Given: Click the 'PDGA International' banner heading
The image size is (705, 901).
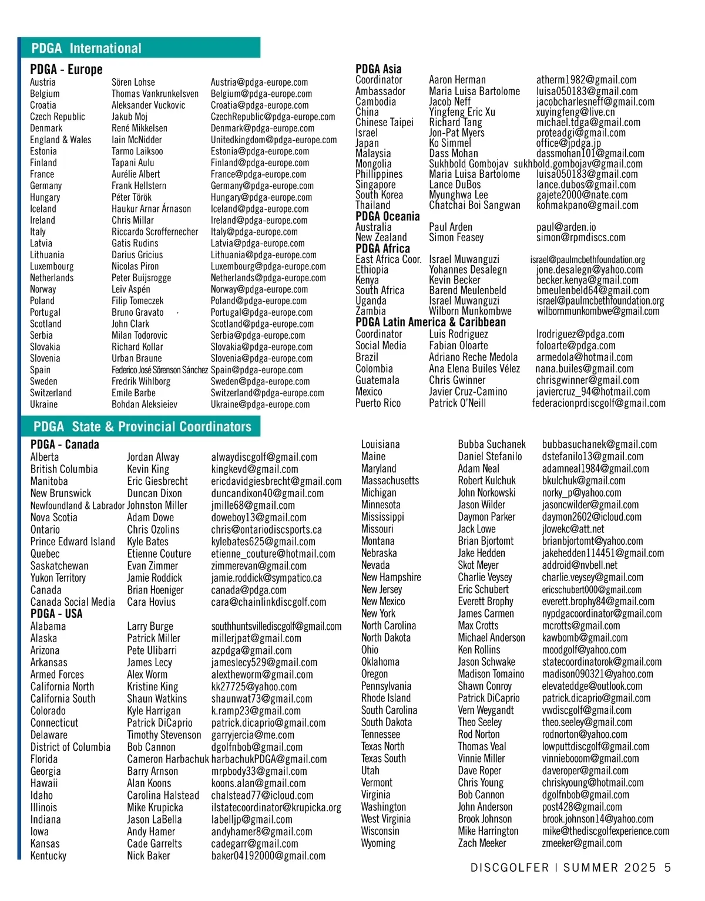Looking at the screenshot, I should [x=86, y=48].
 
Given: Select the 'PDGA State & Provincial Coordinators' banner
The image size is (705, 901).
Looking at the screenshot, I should [x=142, y=427].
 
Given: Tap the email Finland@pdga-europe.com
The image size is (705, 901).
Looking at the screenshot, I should [x=260, y=163].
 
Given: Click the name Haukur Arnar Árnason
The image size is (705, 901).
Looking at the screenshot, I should [x=151, y=208].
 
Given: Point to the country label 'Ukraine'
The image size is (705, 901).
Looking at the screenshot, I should [x=44, y=404].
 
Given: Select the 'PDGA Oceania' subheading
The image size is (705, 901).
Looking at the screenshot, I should [x=387, y=216].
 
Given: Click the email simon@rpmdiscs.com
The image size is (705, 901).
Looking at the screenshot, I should [x=580, y=238].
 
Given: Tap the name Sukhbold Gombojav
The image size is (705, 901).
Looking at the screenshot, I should [x=468, y=164].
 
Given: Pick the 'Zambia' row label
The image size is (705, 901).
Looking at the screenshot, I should [x=371, y=311].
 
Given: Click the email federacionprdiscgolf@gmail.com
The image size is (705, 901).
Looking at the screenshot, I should [x=599, y=403].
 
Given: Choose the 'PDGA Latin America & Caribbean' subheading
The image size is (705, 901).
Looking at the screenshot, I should [x=430, y=322].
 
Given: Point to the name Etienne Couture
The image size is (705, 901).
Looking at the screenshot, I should [x=159, y=554].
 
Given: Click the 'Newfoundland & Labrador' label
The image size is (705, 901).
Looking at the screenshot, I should [x=77, y=505].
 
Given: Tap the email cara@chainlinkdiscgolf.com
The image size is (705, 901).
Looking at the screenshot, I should [x=268, y=602].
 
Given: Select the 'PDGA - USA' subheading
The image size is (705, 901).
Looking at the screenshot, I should [x=56, y=614].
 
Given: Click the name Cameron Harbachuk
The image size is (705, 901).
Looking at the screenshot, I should [x=167, y=759].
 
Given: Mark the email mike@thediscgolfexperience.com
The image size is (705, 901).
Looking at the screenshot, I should [x=605, y=831].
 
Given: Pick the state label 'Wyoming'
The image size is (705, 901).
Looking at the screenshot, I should [x=378, y=843].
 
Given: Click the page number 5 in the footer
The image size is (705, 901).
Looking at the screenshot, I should [x=667, y=868].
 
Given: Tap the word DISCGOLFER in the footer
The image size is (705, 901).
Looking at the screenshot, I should [x=509, y=868].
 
